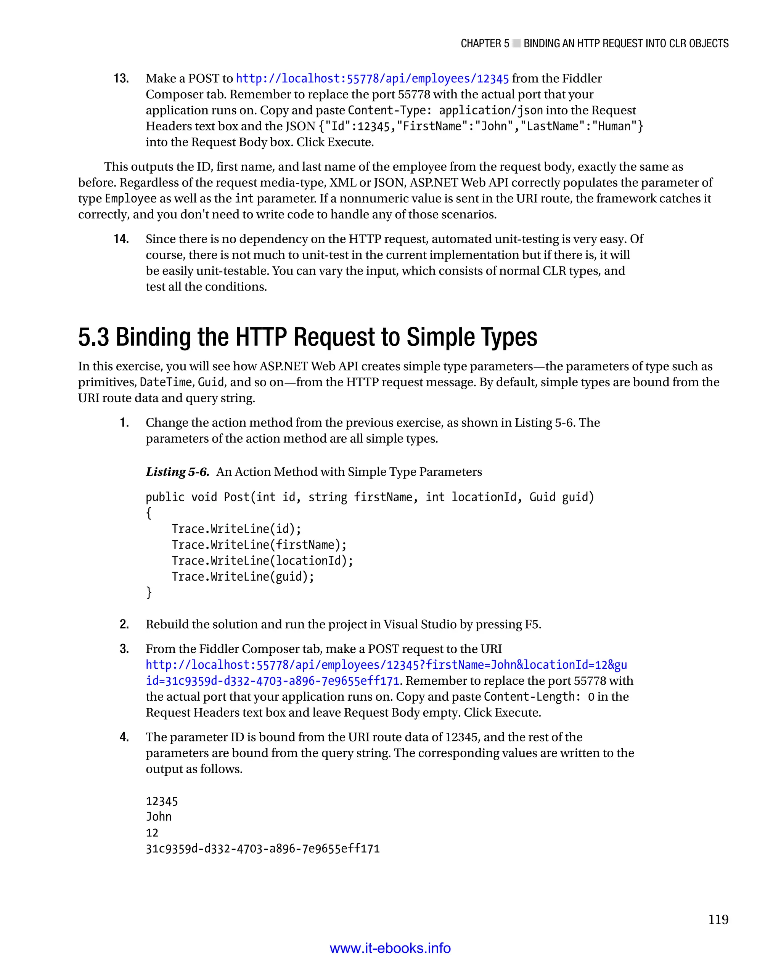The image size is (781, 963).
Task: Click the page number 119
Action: [x=718, y=920]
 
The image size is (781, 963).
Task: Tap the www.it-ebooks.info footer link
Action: [x=390, y=948]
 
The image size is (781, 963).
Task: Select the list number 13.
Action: [x=121, y=79]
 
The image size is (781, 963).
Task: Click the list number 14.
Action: [x=121, y=239]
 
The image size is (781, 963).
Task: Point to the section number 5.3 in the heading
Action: [x=93, y=337]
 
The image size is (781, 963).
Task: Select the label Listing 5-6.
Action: [x=177, y=472]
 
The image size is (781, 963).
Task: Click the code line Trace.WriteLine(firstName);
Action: [x=259, y=545]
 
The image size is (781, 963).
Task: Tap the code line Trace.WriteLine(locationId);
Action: [x=262, y=561]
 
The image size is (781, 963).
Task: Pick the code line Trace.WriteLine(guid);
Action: [x=243, y=577]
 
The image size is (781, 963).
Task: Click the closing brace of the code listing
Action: [x=149, y=592]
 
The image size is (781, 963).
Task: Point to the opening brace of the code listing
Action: [x=149, y=513]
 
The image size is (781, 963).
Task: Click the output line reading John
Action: [x=158, y=817]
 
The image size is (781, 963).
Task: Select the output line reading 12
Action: [x=152, y=833]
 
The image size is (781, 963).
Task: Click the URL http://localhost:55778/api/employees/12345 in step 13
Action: [x=372, y=79]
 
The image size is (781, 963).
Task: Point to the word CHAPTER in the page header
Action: [x=480, y=43]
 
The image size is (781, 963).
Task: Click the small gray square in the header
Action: [x=516, y=43]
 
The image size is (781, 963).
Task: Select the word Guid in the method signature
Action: [x=542, y=498]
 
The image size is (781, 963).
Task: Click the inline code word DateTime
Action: [x=166, y=382]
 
